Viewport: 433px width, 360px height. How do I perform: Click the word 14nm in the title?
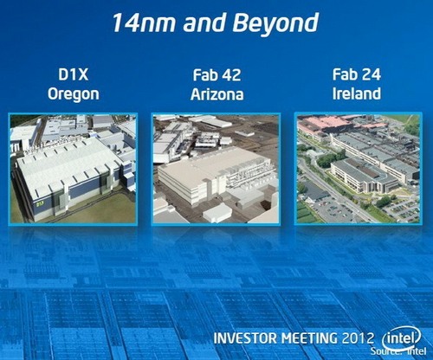(145, 22)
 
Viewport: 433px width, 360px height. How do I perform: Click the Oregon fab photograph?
(74, 168)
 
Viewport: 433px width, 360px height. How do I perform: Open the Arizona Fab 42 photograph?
(216, 168)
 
